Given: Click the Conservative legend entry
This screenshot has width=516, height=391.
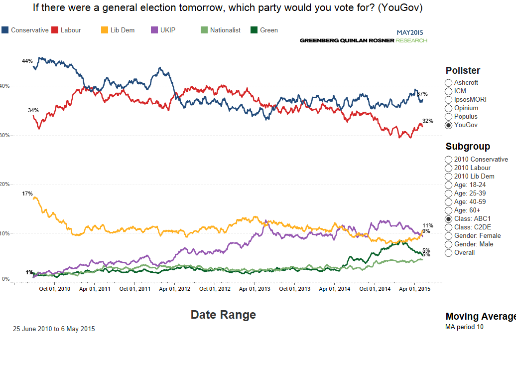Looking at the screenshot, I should click(25, 30).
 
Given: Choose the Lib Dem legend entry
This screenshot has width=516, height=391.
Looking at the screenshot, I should click(118, 30).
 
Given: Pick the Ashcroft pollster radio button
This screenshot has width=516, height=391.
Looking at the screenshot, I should click(449, 83).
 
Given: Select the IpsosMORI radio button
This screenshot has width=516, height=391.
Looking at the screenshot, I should click(449, 100).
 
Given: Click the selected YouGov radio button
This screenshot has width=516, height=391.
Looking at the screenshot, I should click(449, 125).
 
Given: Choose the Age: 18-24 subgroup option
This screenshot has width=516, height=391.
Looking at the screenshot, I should click(449, 185).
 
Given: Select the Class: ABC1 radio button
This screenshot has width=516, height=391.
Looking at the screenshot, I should click(449, 219).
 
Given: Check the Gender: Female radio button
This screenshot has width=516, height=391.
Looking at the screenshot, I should click(449, 236).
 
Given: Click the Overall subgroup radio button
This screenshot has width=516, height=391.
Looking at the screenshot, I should click(449, 253).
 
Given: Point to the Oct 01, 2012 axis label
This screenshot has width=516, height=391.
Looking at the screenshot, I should click(215, 289).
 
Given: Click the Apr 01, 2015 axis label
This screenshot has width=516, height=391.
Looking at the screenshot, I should click(415, 289).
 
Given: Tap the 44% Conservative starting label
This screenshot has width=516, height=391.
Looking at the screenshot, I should click(27, 61).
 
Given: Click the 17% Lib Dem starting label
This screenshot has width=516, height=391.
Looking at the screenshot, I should click(27, 194).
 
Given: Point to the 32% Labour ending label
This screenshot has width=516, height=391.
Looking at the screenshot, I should click(427, 121).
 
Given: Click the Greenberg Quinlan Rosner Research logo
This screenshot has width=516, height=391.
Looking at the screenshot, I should click(363, 40).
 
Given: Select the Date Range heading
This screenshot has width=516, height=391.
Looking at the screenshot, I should click(223, 315).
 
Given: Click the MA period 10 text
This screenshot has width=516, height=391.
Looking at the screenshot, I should click(464, 327).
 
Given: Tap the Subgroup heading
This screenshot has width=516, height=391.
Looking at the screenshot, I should click(468, 147).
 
